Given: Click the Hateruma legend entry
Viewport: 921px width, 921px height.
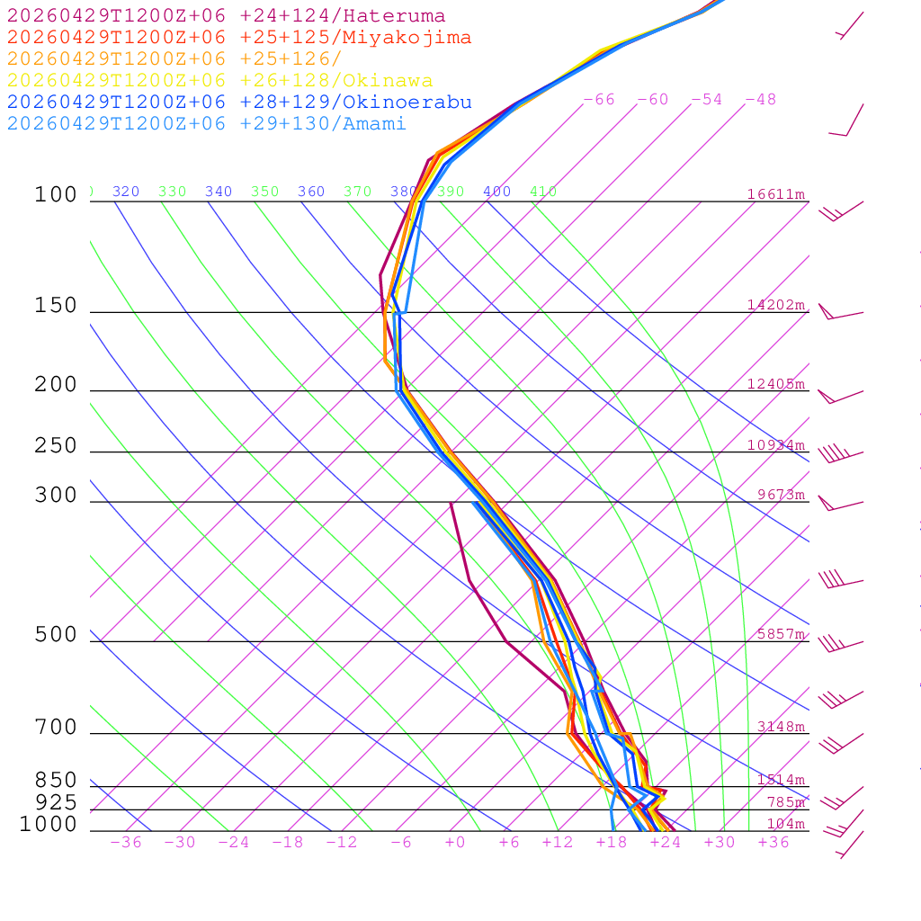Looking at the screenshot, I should pos(226,16).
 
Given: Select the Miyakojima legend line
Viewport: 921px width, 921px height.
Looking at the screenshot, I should pos(238,38).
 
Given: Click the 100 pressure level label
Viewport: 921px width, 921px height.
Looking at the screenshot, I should pos(56,194).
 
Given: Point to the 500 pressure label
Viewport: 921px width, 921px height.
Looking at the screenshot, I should pos(56,635).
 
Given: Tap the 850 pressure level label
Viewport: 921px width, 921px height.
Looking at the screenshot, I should pos(56,781).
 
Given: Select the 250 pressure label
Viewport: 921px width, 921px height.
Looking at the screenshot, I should pos(56,446).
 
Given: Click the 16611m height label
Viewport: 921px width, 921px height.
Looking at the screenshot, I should pos(775,194).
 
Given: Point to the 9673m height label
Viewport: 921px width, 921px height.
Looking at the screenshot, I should pos(781,495).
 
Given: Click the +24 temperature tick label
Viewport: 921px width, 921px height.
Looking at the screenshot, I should pos(666,843).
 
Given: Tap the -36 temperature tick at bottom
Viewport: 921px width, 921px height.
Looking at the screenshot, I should pos(126,843).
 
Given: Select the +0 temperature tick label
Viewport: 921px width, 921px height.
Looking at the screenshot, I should pos(455,843).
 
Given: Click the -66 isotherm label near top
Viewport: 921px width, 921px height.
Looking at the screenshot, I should pos(598,100).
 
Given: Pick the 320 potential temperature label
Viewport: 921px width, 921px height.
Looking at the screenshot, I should pos(126,192).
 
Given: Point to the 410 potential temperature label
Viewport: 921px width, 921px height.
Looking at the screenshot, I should pos(543,192).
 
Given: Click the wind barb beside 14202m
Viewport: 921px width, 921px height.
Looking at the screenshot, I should pos(838,313).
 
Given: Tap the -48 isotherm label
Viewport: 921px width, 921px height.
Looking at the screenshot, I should pos(760,100).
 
